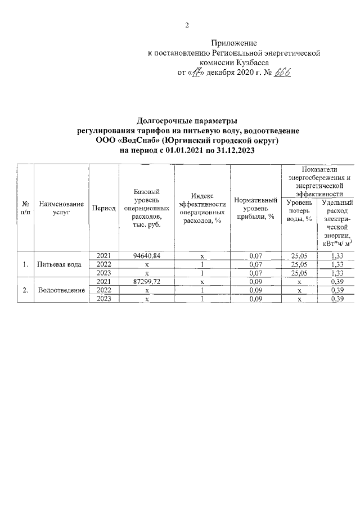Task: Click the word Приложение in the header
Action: pyautogui.click(x=234, y=43)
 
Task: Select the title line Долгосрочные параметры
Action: pyautogui.click(x=187, y=120)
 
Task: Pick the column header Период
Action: pyautogui.click(x=103, y=208)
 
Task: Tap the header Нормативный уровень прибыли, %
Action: pyautogui.click(x=256, y=208)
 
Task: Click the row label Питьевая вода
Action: pyautogui.click(x=59, y=264)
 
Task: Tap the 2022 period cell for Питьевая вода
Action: pyautogui.click(x=103, y=264)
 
